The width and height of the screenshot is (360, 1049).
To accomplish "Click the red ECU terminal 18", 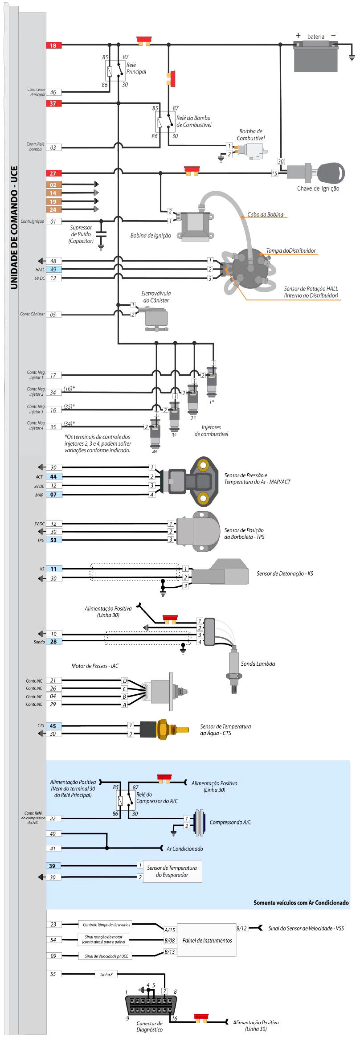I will (x=53, y=45).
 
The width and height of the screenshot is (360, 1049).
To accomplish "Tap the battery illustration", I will (x=315, y=56).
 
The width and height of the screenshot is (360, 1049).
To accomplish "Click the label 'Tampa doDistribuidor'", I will (x=291, y=251).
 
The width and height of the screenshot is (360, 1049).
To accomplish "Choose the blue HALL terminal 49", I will (x=53, y=270).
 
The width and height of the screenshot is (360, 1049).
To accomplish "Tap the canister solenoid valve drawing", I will (x=156, y=318).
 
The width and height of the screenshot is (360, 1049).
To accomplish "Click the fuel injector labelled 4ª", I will (x=155, y=433).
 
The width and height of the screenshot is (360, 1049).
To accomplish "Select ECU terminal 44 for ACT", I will (x=53, y=477).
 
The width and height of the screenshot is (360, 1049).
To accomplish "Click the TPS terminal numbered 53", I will (x=53, y=540).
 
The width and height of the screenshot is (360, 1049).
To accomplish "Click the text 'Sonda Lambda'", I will (x=258, y=664).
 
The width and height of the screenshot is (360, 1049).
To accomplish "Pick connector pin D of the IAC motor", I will (x=125, y=680).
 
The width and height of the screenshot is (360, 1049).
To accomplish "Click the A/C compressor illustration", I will (x=199, y=822).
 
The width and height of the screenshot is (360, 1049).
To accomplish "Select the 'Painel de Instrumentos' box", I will (x=207, y=940).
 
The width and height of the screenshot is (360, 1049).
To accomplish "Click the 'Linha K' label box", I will (x=106, y=974).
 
